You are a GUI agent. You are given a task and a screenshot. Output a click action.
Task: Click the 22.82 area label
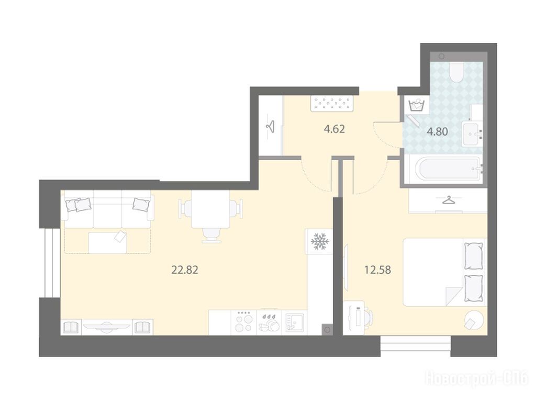(185, 270)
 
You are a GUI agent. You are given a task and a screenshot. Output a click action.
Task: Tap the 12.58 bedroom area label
(377, 270)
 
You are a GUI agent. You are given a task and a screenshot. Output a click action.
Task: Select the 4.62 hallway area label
(334, 129)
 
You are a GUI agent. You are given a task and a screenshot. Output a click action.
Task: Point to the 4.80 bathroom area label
(437, 131)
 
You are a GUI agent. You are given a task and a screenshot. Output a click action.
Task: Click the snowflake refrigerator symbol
(320, 241)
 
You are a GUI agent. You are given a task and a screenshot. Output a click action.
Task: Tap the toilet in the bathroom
(456, 72)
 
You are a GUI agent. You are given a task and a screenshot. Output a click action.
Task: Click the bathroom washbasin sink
(473, 134)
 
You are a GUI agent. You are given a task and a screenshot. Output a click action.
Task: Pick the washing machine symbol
(416, 105)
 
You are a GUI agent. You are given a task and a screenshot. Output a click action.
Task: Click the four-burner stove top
(244, 322)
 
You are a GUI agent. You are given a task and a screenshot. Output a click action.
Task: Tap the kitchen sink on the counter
(294, 322)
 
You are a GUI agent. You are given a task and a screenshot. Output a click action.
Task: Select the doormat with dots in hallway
(332, 103)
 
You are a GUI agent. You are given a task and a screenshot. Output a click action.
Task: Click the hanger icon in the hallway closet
(271, 126)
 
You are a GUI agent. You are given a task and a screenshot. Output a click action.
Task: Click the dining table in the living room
(210, 209)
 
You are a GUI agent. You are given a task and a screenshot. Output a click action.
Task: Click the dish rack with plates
(270, 322)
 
